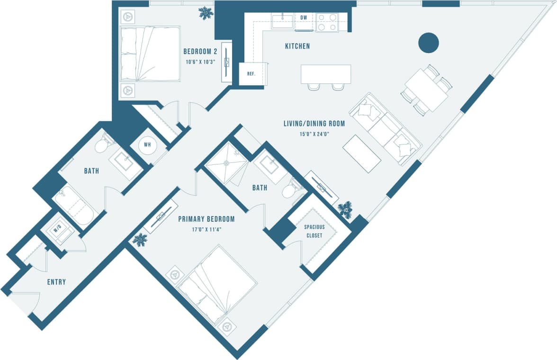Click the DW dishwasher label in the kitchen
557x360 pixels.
[304, 18]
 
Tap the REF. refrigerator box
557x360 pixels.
[251, 74]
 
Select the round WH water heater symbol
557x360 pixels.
[147, 144]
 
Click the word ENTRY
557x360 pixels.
[56, 282]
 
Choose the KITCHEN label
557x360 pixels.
[297, 46]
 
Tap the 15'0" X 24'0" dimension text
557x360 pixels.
[313, 134]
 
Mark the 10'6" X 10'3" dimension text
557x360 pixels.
[200, 62]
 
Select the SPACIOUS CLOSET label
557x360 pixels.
[314, 231]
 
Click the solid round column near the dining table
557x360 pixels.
[429, 43]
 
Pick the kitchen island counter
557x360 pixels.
[326, 74]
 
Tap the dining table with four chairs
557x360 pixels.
[426, 91]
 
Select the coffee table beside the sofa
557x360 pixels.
[362, 154]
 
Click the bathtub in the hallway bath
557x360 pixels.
[75, 207]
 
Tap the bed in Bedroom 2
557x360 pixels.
[149, 54]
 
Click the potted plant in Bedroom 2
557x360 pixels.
[206, 13]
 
